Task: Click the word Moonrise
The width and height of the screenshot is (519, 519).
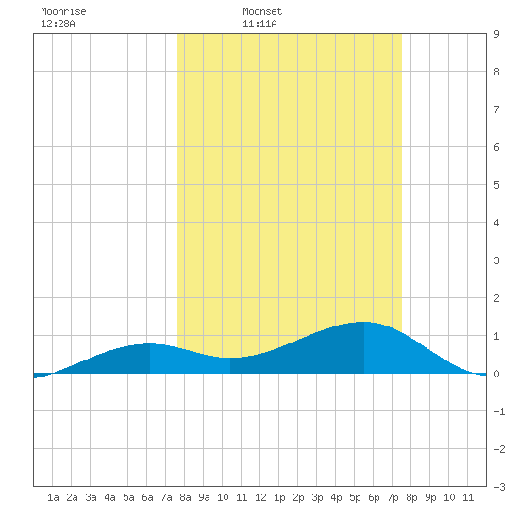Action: (x=63, y=11)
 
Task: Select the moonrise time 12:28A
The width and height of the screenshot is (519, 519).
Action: (x=58, y=24)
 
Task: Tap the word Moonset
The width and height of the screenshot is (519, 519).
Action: (x=262, y=11)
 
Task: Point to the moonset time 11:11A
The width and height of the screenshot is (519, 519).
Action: (x=259, y=24)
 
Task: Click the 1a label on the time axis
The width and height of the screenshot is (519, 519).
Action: (x=53, y=497)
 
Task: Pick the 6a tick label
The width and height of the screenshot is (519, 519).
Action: (x=147, y=497)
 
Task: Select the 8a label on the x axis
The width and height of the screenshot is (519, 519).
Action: (x=185, y=497)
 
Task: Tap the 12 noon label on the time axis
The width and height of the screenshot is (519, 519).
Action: (x=260, y=497)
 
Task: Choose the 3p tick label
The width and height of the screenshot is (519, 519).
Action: (x=317, y=497)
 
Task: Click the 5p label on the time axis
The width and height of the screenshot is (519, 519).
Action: (x=355, y=497)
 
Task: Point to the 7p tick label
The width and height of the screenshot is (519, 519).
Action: (x=393, y=497)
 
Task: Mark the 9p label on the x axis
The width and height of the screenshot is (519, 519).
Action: (x=430, y=497)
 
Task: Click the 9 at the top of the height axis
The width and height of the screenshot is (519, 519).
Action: (x=496, y=34)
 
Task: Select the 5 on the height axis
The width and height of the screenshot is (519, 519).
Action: (x=496, y=185)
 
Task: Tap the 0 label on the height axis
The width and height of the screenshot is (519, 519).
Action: (x=496, y=374)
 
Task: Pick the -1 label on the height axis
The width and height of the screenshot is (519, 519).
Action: (x=499, y=411)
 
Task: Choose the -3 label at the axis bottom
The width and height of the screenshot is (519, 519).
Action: (x=499, y=487)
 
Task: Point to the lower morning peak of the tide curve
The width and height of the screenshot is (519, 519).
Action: (x=150, y=343)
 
